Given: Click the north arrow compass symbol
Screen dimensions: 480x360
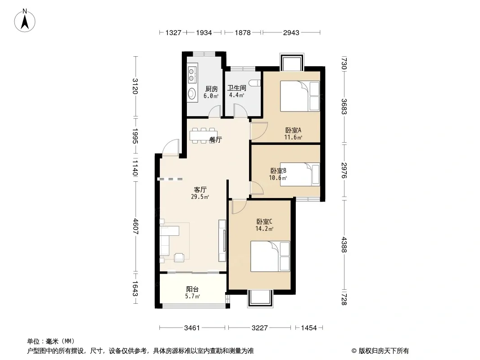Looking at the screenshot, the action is [25, 21].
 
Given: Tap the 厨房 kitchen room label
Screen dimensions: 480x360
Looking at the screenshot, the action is [211, 89].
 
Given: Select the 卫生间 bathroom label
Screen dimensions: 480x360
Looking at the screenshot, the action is [237, 88].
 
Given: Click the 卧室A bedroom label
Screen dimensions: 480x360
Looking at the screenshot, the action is [293, 130].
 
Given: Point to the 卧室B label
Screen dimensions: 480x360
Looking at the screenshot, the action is [278, 171].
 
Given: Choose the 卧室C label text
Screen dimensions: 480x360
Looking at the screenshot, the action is [264, 221].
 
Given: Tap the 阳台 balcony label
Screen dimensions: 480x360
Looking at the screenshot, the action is [193, 289].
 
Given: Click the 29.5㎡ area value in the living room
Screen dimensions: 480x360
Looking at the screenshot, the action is [200, 197].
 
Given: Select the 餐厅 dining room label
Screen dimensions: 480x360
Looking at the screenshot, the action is [216, 139].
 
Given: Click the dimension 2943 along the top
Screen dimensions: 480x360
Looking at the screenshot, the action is [291, 32].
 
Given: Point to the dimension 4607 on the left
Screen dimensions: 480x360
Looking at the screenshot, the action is [135, 227].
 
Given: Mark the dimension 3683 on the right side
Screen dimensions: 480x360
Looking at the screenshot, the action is [344, 107].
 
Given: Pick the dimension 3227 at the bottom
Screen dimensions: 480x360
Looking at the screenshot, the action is [260, 328].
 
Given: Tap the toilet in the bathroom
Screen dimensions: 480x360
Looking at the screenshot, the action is [254, 83].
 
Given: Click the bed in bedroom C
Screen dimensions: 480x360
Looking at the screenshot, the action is [270, 256].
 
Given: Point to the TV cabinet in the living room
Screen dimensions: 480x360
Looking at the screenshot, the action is [222, 241].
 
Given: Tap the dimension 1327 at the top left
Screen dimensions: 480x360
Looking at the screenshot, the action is [173, 32].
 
